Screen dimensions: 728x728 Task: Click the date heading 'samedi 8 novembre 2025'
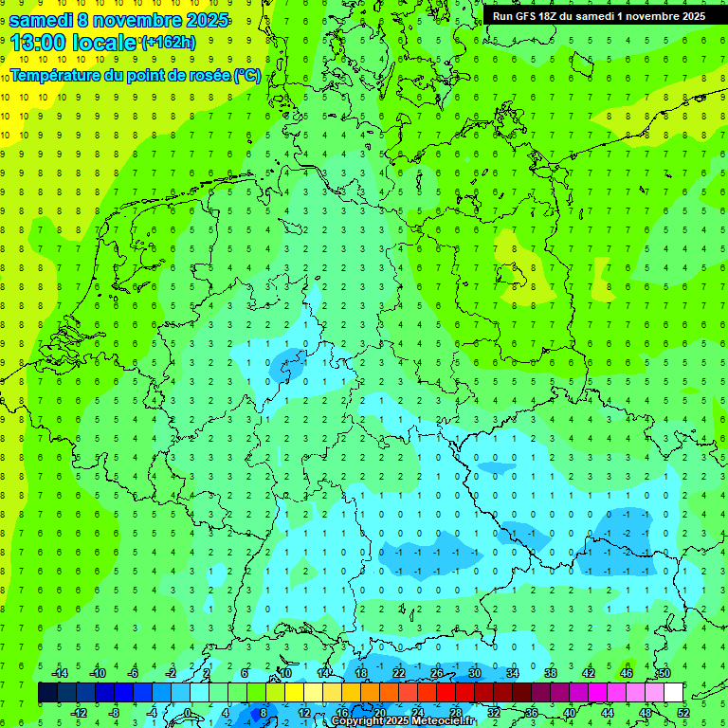point(118,19)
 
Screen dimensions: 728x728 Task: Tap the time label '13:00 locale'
point(73,43)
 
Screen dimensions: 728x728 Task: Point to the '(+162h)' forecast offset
point(168,43)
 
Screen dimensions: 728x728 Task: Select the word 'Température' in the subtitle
point(56,75)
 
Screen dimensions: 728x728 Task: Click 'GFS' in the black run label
point(527,16)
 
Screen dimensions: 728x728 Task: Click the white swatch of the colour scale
point(674,693)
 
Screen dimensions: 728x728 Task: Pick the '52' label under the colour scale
point(683,713)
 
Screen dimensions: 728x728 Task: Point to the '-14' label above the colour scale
point(59,673)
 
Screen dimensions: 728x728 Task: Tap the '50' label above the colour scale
point(664,673)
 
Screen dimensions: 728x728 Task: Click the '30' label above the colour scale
point(475,673)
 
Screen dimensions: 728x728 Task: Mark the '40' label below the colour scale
point(570,713)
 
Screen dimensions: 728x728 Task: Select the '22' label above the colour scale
point(399,673)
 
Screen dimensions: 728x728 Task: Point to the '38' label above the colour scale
point(551,673)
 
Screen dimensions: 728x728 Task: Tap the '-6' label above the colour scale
point(135,673)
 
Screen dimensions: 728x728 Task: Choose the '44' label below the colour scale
point(608,713)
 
